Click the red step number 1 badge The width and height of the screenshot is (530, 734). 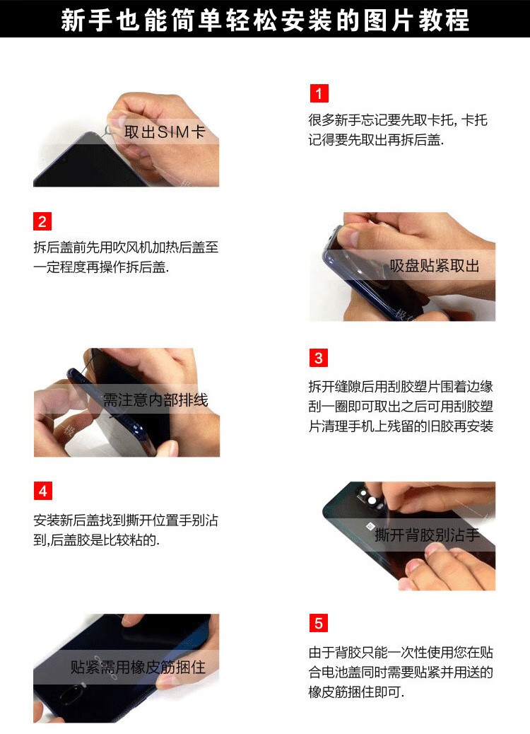tap(319, 93)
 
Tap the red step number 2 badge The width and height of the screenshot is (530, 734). tap(42, 221)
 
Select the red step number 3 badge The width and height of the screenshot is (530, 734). tap(319, 358)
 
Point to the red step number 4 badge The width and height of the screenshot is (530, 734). tap(42, 491)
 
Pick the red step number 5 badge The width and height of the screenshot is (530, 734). tap(319, 624)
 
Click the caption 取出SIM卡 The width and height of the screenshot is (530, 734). tap(165, 132)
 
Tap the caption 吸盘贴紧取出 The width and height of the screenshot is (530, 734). tap(435, 266)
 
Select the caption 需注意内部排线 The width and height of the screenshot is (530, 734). tap(155, 400)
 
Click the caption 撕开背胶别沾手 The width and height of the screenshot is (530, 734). tap(427, 535)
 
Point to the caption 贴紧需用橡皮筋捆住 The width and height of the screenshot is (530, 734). tap(138, 667)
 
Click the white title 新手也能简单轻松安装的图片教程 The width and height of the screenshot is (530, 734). tap(265, 20)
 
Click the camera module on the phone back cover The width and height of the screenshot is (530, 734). tap(371, 498)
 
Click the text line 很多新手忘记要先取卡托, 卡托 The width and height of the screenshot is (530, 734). tap(398, 120)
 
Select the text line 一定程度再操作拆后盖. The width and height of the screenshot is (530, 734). tap(101, 267)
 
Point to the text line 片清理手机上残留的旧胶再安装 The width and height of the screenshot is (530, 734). tap(401, 426)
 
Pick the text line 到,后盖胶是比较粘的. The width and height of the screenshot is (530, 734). tap(96, 540)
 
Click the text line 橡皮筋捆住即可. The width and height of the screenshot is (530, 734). tap(356, 692)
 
